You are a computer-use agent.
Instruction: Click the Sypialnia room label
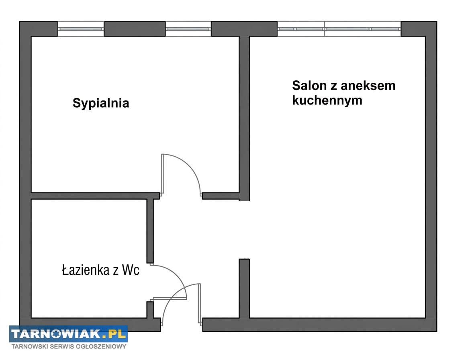(101, 103)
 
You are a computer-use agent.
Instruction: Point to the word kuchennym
(327, 100)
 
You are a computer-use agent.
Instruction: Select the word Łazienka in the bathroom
(85, 270)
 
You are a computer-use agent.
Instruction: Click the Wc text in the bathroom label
(131, 270)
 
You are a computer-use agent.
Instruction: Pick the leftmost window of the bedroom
(81, 29)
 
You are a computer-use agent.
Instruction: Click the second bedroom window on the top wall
(188, 29)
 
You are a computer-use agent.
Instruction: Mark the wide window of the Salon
(339, 29)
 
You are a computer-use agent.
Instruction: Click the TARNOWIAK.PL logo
(68, 334)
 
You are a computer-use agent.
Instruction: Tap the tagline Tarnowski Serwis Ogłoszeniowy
(69, 346)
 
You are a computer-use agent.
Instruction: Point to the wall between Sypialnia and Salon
(244, 117)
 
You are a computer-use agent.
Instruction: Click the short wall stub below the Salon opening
(244, 288)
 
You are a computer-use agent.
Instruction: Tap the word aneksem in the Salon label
(368, 86)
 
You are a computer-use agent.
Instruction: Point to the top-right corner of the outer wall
(431, 28)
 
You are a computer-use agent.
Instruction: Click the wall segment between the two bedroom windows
(135, 29)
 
